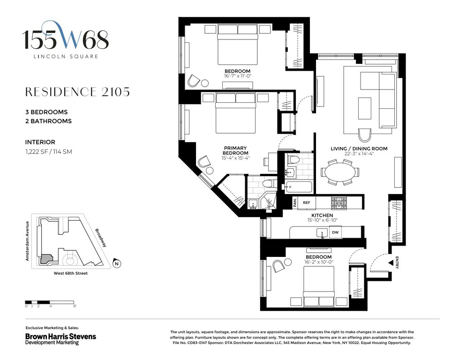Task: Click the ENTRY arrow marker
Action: coord(391,263)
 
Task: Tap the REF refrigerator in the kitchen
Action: coord(307,203)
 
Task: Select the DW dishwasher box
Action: coord(335,232)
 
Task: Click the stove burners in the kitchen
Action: coord(339,203)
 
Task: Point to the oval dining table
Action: coord(340,172)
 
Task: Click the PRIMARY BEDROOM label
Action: coord(235,150)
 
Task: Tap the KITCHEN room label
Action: coord(322,215)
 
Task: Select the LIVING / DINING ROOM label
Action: coord(359,149)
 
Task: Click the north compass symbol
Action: coord(117,263)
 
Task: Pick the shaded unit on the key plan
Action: coord(46,259)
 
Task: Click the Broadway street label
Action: coord(101,238)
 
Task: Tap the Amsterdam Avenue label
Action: coord(27,241)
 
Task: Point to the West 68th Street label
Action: coord(71,273)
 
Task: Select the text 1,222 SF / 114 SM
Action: coord(49,151)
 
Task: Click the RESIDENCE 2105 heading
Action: coord(77,92)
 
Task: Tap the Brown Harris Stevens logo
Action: coord(60,339)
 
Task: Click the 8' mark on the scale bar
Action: coord(75,306)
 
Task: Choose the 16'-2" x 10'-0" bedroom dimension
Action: coord(319,262)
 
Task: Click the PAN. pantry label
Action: coord(295,203)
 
